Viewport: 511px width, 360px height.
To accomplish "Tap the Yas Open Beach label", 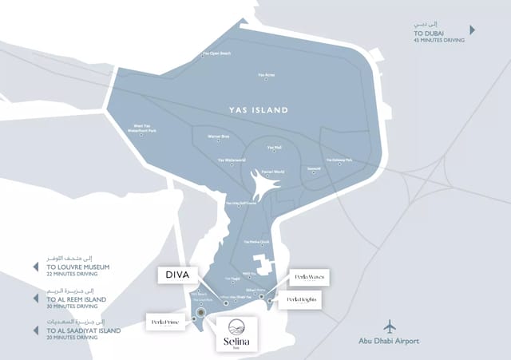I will click(x=217, y=53).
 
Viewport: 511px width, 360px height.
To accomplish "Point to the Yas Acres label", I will click(x=267, y=75).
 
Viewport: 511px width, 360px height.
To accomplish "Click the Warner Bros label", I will click(x=219, y=136).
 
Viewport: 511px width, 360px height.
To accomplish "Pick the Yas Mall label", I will click(x=275, y=147).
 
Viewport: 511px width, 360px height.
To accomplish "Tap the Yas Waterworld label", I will click(x=232, y=160).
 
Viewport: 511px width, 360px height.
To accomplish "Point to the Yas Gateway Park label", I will click(x=339, y=160).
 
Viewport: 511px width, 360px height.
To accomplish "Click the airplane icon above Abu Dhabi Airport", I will click(x=390, y=326).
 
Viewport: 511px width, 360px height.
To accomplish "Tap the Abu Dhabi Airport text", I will click(x=390, y=341).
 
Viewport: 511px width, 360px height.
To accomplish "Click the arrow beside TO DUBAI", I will click(x=473, y=30).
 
